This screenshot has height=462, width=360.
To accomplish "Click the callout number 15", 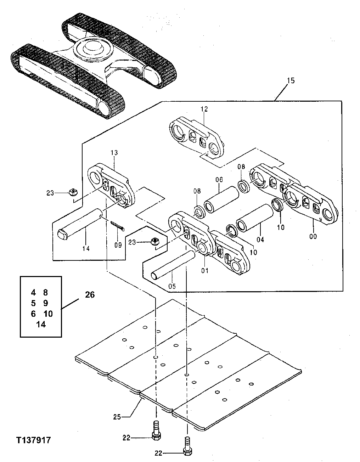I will [290, 81].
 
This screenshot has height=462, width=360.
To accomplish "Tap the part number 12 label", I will [205, 109].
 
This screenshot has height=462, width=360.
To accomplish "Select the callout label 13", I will [114, 153].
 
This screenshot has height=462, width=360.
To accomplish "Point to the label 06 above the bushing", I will [219, 180].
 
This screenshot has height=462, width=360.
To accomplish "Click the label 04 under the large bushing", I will [260, 240].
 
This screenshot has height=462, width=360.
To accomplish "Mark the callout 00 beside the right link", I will [313, 236].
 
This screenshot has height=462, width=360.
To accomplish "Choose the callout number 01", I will [204, 271].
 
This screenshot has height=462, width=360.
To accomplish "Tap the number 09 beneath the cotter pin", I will [118, 244].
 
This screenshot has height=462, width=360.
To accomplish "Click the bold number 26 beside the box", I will [90, 295].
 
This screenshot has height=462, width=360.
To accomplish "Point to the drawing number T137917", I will [33, 440].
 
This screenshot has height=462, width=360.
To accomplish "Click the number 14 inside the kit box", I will [41, 324].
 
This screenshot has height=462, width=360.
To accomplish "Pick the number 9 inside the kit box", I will [45, 303].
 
